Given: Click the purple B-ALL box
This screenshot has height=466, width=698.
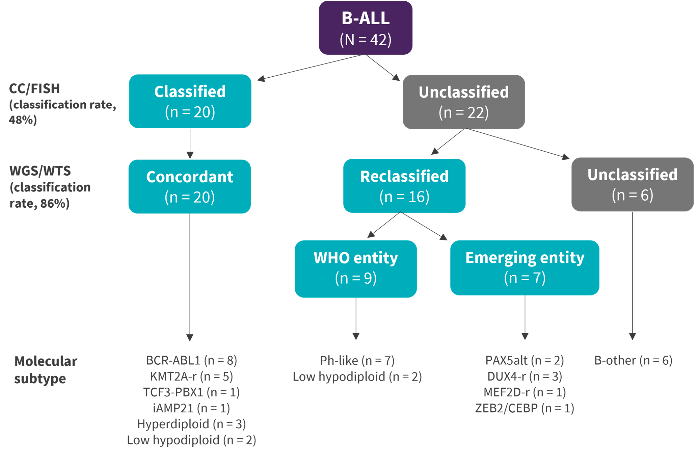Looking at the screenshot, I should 366,28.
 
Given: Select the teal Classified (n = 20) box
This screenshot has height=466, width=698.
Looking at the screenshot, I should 190,101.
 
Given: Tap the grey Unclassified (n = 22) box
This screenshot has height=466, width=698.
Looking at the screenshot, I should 464,102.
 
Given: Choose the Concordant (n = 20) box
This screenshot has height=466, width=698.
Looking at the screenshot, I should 190,186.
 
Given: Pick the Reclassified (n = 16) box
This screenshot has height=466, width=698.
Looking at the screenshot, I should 404,186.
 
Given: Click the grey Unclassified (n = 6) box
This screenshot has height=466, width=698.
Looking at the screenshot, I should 633,184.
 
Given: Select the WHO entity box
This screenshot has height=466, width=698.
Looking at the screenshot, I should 356,269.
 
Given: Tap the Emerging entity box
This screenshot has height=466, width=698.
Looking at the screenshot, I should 525,268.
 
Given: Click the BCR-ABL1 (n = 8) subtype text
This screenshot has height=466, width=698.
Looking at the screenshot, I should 191,360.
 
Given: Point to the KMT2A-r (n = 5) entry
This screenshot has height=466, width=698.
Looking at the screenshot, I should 191,376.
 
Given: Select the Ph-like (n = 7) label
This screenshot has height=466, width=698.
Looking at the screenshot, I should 357,361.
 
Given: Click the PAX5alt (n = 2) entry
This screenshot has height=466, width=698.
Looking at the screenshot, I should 525,360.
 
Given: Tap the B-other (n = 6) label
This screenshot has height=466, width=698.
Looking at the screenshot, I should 633,360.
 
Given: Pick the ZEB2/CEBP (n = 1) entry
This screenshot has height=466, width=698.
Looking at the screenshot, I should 525,408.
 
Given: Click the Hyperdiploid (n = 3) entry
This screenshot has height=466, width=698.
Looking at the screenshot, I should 191,424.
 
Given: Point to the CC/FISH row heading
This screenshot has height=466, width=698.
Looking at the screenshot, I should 34,89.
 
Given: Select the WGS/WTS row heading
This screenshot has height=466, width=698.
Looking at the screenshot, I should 40,171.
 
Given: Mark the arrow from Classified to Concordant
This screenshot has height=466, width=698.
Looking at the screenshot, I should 190,144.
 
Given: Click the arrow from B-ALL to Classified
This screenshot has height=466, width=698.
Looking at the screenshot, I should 311,68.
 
